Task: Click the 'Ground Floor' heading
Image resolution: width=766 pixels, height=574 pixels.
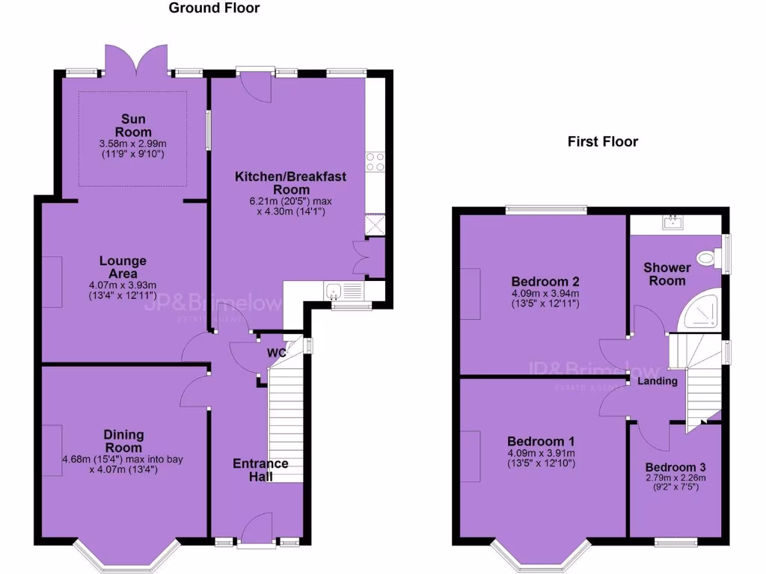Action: coord(214,8)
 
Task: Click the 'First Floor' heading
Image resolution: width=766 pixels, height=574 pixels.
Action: coord(602,141)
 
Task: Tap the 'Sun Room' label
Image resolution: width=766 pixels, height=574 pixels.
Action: coord(133,126)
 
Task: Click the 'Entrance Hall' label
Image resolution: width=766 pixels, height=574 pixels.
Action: coord(260,470)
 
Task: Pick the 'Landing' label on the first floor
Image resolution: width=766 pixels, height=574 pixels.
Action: coord(657,381)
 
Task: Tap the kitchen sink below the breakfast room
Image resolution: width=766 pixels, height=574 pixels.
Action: coord(334,291)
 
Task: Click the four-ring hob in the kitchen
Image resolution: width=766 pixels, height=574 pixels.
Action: coord(375,162)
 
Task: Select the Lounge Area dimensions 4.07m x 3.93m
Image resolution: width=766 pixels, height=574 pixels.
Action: coord(123,290)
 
